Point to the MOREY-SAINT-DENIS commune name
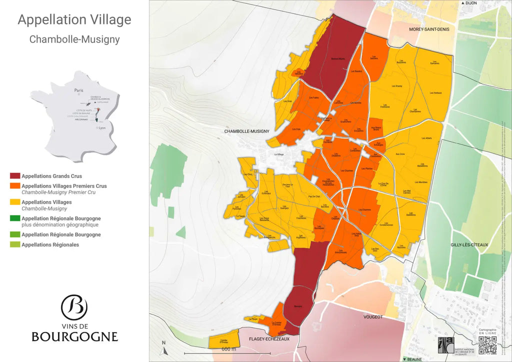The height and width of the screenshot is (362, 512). point(429,29)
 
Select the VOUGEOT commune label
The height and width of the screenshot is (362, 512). point(372,316)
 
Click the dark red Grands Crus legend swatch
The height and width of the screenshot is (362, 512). point(15,176)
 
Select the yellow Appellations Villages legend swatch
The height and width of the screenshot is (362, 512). point(15,202)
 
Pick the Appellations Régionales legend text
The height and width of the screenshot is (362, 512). point(50,244)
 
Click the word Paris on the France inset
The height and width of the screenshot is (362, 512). point(78,90)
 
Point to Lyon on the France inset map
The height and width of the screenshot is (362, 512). point(102,128)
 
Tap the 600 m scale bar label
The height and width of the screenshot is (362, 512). point(228,348)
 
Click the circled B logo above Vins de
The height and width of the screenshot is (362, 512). point(74,307)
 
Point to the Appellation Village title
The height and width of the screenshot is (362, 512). point(74,19)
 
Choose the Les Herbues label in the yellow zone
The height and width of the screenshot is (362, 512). point(435,93)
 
